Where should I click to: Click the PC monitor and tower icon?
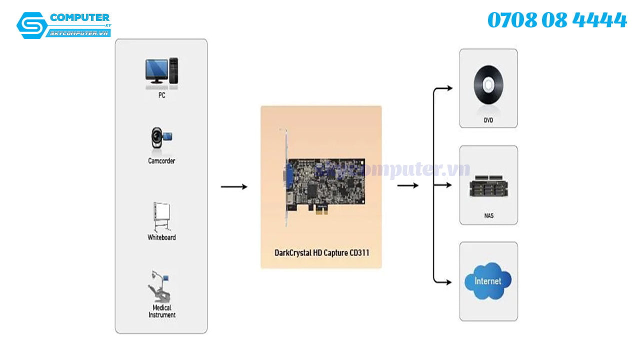point(161,70)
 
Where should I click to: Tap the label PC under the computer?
point(161,95)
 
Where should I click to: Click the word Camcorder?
point(161,161)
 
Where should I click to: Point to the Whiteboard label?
point(161,237)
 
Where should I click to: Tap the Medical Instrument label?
point(162,311)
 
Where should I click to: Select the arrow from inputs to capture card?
point(234,187)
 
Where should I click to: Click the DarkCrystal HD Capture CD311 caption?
point(321,253)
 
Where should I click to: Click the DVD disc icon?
point(488,85)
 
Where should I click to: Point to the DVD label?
point(488,120)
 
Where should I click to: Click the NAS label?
point(488,216)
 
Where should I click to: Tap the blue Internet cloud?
point(487,280)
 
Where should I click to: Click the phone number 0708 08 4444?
point(557,20)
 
